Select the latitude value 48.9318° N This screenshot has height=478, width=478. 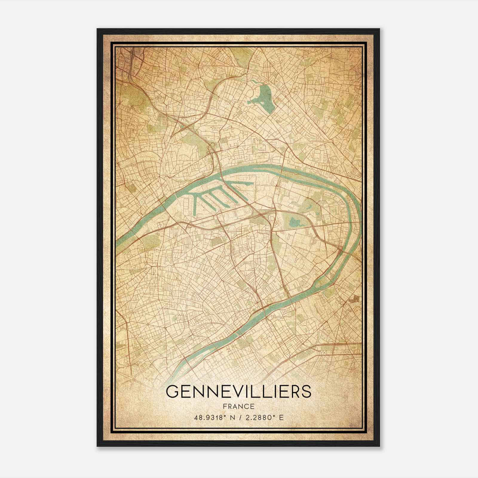coord(215,417)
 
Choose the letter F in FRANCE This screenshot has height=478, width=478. coord(225,406)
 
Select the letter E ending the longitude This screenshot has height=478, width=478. coord(281,417)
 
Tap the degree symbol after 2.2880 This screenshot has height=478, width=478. coord(274,416)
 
